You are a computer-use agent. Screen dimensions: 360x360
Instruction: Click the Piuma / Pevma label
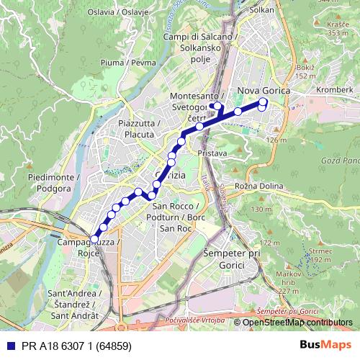coord(130,63)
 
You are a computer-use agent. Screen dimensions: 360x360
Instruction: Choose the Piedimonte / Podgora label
coord(49,182)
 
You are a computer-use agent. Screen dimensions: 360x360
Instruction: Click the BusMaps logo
coord(325,344)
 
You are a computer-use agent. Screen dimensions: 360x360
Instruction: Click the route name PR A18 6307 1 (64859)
coord(71,344)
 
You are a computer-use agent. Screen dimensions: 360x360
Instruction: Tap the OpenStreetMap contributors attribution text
coord(297,323)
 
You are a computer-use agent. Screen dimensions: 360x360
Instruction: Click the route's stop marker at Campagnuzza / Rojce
coord(94,238)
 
